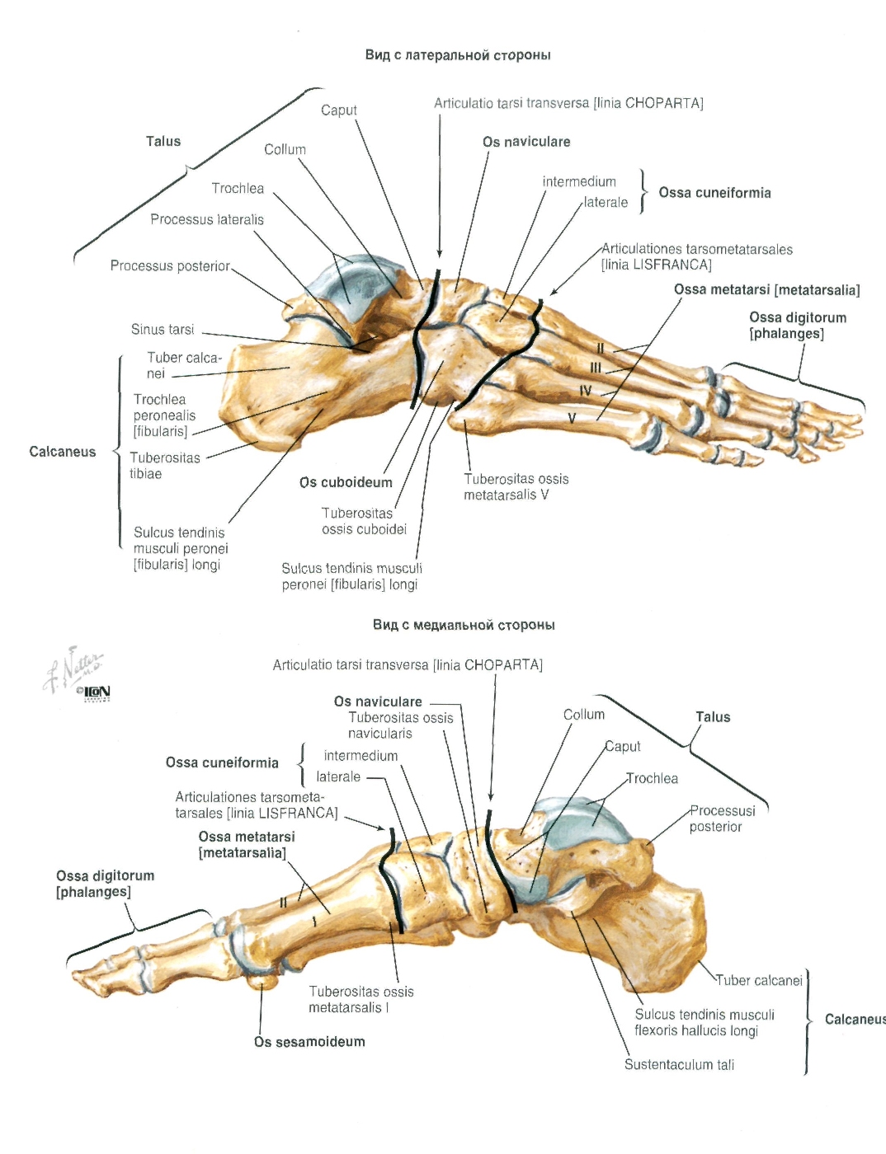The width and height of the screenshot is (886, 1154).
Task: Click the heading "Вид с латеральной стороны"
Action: click(458, 55)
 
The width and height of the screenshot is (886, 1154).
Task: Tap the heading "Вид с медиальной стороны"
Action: click(464, 625)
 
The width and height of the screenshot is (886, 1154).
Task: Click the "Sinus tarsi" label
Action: click(163, 329)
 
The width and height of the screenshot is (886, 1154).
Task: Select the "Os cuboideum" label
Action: click(346, 482)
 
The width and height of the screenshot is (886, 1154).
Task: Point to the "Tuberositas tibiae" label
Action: click(165, 466)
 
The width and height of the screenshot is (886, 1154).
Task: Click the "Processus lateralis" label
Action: click(207, 219)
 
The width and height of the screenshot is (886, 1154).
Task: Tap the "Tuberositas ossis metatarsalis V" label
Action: click(516, 487)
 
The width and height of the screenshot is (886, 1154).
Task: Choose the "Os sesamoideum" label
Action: click(309, 1041)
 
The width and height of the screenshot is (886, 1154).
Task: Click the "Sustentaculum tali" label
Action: click(679, 1064)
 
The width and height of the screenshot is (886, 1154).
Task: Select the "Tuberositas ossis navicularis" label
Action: click(401, 725)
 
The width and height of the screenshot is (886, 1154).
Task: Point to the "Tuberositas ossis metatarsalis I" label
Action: click(361, 1000)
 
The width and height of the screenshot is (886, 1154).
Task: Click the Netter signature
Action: click(73, 669)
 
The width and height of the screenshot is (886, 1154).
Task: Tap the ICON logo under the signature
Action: click(95, 692)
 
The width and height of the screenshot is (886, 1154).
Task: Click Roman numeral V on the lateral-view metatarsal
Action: click(572, 419)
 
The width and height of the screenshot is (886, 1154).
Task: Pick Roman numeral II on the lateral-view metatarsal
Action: click(601, 349)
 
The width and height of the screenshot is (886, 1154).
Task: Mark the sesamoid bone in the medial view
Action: click(262, 981)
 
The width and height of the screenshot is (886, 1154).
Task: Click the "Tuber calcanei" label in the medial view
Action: click(759, 980)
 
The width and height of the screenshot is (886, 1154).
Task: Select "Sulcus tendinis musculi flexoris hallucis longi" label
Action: click(705, 1022)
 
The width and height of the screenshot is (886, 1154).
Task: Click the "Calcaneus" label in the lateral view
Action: click(63, 452)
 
